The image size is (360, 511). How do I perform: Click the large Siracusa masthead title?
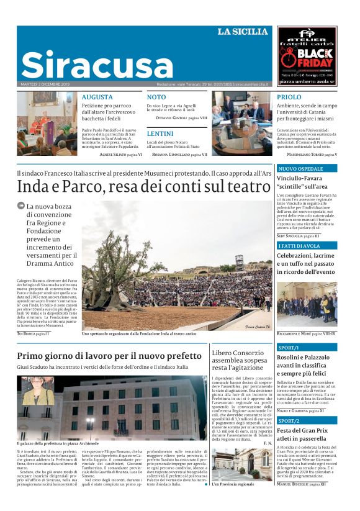click(84, 64)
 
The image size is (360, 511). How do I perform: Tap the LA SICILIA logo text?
click(243, 32)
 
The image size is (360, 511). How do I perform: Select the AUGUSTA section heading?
click(97, 97)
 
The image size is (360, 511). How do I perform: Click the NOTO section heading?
click(156, 97)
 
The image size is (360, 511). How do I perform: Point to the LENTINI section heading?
click(160, 133)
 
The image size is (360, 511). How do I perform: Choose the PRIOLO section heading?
click(289, 97)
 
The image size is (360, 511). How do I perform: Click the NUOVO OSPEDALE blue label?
click(302, 169)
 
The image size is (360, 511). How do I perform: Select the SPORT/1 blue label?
click(290, 348)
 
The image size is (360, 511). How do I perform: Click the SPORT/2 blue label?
click(290, 421)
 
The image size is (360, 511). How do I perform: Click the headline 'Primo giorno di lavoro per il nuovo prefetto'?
click(110, 356)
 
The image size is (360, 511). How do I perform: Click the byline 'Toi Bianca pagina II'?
click(32, 333)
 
